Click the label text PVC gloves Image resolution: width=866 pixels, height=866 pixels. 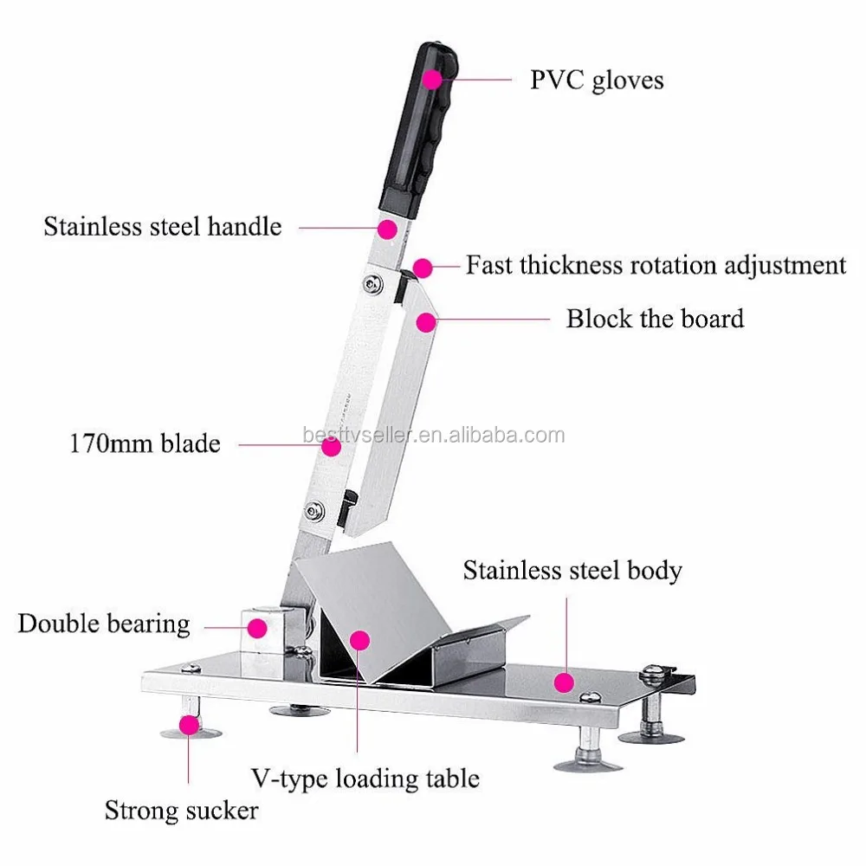pos(597,81)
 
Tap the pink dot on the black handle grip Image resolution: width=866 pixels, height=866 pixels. pos(431,79)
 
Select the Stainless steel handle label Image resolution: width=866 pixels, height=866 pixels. pos(163,227)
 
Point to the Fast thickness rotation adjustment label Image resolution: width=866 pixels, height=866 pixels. pos(656,265)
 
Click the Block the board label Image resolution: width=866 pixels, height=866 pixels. pos(655,318)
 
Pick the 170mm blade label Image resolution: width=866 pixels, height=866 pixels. pos(145,444)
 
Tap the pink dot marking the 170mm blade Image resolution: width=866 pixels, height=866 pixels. pos(329,446)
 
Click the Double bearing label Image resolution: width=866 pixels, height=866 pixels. pos(103,624)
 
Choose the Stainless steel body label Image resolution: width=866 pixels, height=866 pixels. pos(572,571)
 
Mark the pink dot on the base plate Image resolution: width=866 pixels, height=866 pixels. pos(565,682)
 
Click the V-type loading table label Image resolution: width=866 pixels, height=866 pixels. pos(365,777)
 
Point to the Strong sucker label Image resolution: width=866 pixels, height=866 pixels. pos(181,811)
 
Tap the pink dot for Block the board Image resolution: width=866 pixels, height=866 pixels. pos(424,322)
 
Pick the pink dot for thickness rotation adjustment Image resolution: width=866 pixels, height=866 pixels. pos(422,268)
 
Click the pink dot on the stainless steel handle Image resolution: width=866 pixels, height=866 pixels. pos(387,229)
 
